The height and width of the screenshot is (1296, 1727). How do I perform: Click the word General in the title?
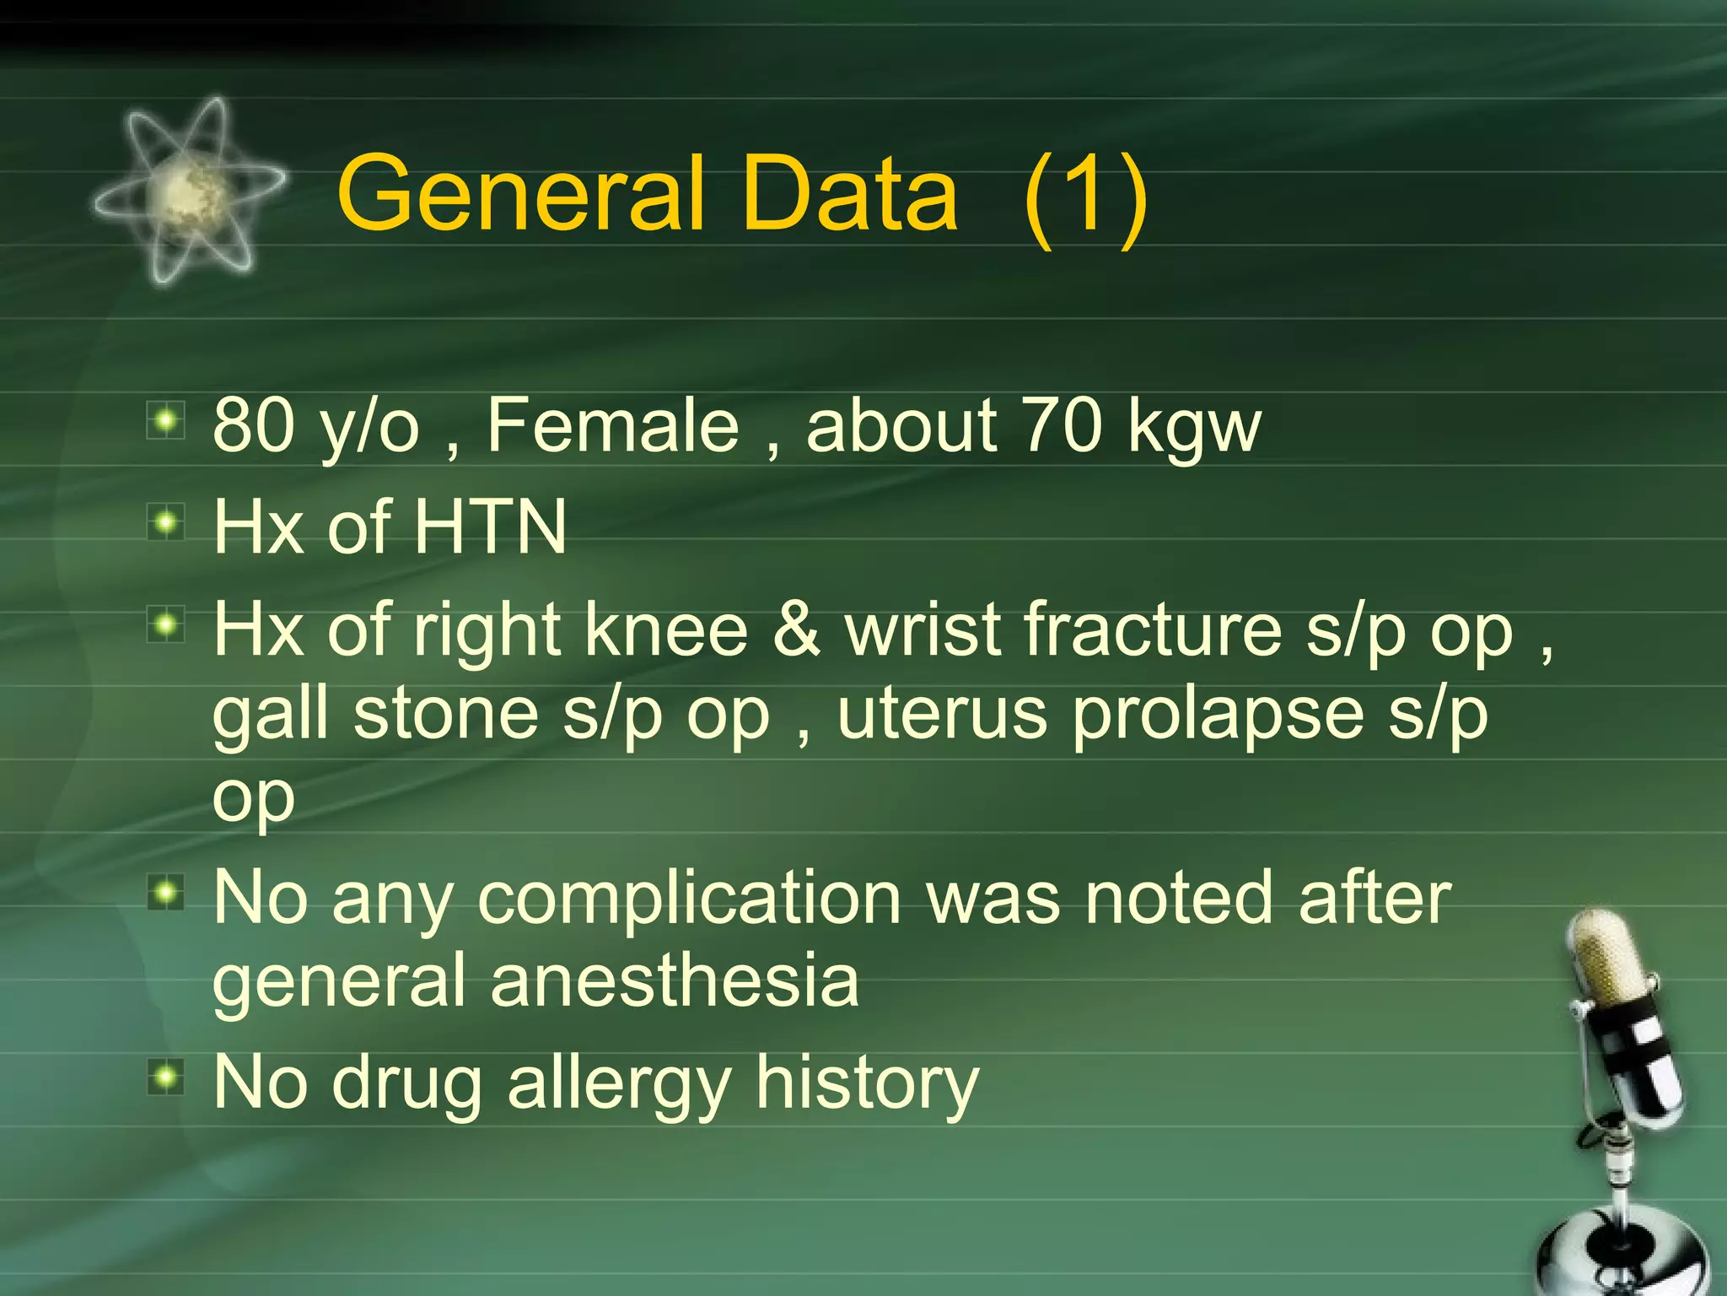pos(520,194)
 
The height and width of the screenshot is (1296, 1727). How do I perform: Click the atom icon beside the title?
pos(187,192)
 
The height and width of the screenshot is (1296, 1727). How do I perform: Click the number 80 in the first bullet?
pos(255,425)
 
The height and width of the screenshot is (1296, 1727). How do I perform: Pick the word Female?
pos(613,425)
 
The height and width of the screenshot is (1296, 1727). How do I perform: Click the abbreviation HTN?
pos(490,527)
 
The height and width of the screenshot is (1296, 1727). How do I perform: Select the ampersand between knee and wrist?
pos(796,629)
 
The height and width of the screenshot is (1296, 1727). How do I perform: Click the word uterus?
pos(942,714)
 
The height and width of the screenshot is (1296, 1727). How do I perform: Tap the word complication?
pos(690,899)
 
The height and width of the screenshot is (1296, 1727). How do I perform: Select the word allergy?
pos(619,1085)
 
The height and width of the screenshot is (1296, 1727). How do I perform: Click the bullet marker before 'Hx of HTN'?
pos(166,524)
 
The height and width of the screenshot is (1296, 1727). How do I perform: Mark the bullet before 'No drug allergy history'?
pos(166,1077)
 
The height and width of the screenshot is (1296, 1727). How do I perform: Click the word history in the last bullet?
pos(867,1083)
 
